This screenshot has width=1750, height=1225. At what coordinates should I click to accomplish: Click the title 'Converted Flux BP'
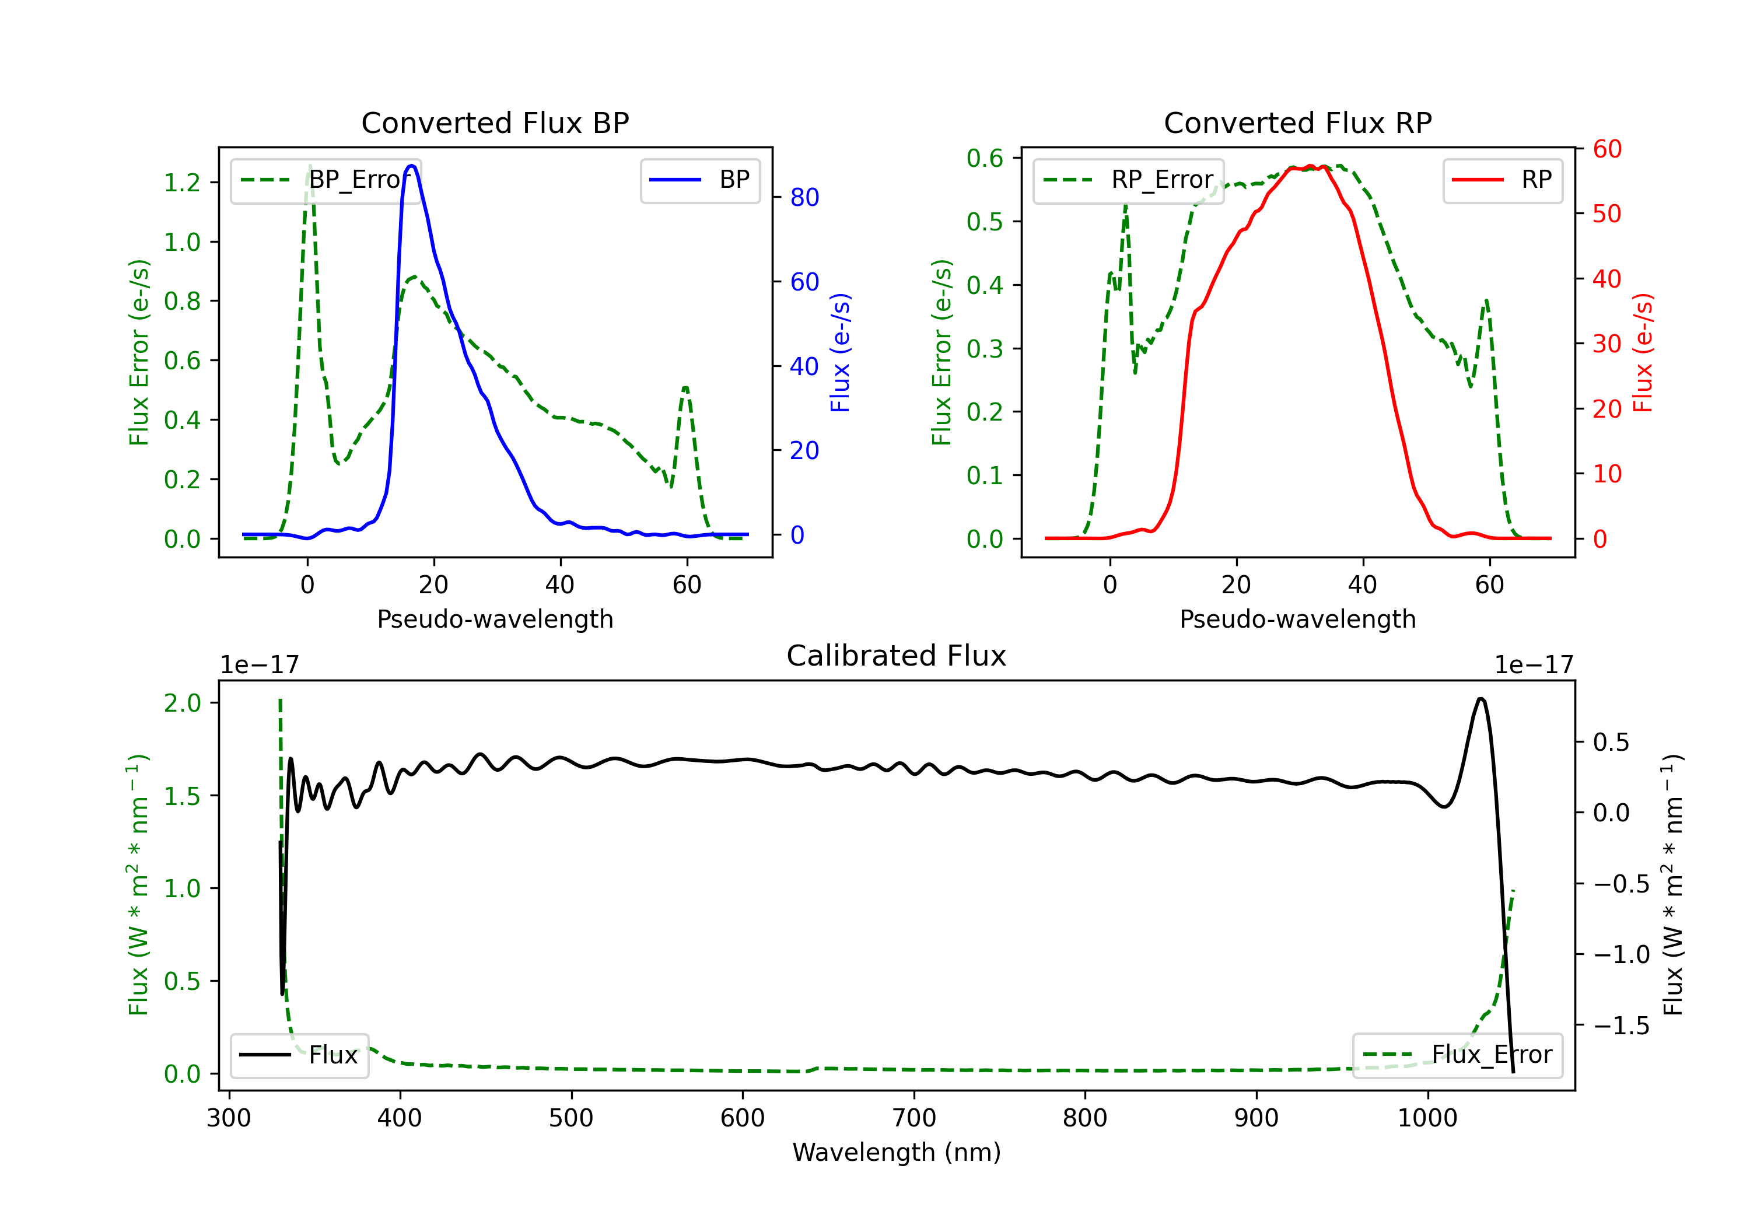pos(495,123)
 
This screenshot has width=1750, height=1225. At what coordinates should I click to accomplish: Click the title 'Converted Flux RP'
pos(1297,123)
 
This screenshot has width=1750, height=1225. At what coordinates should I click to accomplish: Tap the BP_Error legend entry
pos(325,180)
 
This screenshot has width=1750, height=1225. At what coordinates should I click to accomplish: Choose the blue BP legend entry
pos(699,180)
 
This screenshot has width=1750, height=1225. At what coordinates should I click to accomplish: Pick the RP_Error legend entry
pos(1128,180)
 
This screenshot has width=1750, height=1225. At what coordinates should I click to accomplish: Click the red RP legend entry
pos(1502,180)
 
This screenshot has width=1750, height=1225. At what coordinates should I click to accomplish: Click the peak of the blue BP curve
pos(412,166)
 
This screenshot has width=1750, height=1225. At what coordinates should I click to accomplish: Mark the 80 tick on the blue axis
pos(804,197)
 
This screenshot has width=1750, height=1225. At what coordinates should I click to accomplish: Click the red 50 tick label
pos(1606,213)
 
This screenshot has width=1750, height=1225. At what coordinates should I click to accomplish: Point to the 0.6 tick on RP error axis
pos(985,158)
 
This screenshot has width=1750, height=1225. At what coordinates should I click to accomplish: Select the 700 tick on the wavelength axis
pos(914,1118)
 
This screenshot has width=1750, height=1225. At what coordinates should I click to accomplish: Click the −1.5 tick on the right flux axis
pos(1621,1025)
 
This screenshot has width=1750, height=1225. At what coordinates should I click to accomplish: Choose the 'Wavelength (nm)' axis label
pos(897,1152)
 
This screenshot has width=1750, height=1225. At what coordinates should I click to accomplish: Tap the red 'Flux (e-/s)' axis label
pos(1643,352)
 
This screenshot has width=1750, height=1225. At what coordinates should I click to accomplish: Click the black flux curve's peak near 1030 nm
pos(1480,698)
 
